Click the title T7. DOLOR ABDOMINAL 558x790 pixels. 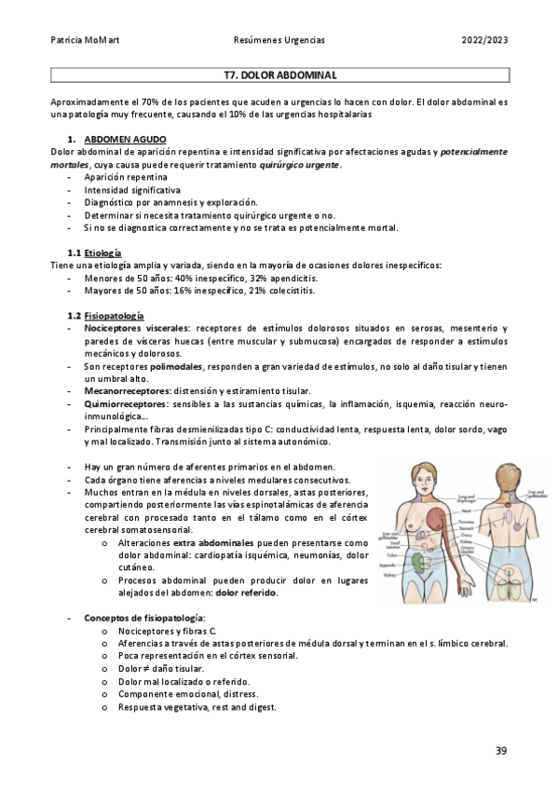(x=279, y=75)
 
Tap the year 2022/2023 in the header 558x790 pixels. (x=483, y=41)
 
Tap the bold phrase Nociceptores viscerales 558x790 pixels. (x=136, y=329)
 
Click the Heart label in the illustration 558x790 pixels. (x=471, y=511)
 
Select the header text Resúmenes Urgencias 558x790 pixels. (x=279, y=41)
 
